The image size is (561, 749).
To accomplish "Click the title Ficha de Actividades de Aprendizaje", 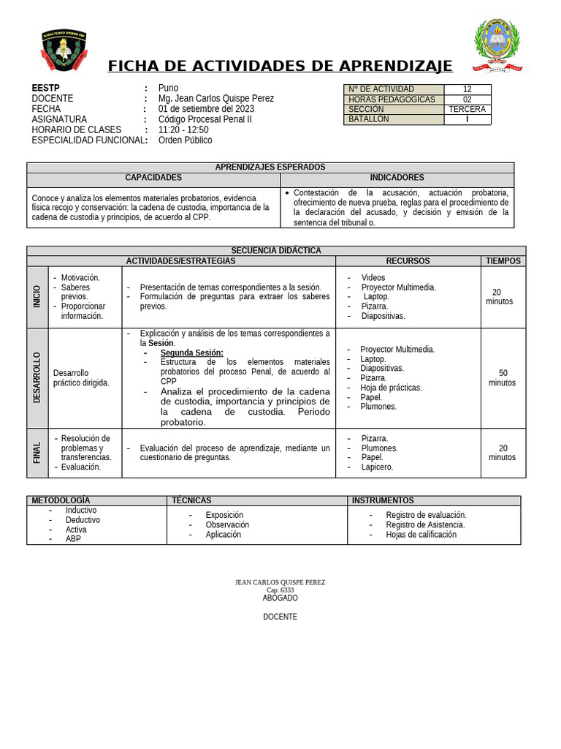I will pos(280,67).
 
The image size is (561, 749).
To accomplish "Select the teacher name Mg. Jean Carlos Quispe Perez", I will pos(216,99).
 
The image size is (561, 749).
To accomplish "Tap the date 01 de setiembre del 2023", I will pos(206,109).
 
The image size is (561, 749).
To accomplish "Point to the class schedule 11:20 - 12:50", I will pos(183,129).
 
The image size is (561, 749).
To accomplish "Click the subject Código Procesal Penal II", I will pos(205,119).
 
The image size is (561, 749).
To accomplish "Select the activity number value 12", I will pos(467,89).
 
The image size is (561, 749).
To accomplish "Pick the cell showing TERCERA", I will pos(467,110).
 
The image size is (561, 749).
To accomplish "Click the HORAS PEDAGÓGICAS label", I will pos(392,99).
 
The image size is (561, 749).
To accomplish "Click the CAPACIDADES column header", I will pos(153,178).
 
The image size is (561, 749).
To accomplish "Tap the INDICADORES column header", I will pos(397,178).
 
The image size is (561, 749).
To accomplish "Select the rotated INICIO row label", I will pos(37,296).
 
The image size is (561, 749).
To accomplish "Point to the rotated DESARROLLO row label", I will pos(37,377).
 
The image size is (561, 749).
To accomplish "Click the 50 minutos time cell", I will pos(502,377).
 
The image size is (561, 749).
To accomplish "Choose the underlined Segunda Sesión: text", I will pos(191,353).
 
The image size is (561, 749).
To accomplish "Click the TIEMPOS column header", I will pos(503,261).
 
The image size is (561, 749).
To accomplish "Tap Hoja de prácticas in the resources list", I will pos(391,388).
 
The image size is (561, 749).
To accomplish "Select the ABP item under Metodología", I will pos(73,539).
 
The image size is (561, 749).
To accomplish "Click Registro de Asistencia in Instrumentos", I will pos(425,524).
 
